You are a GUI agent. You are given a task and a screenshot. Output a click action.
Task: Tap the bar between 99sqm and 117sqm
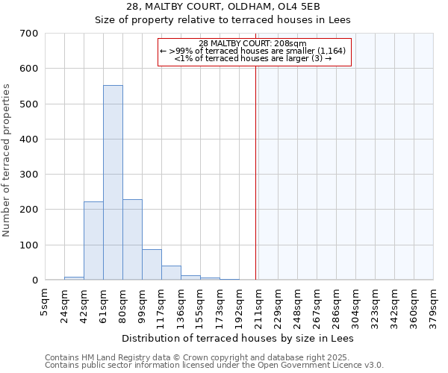tap(152, 265)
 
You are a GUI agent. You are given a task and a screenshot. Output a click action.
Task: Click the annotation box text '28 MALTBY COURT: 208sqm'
tap(253, 43)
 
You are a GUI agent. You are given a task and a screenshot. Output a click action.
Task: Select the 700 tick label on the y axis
tap(29, 34)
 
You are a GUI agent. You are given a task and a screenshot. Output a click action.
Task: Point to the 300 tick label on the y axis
tap(29, 175)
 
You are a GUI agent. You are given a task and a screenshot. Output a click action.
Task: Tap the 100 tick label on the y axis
tap(29, 245)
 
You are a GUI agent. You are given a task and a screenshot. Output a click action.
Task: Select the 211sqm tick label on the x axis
tap(258, 304)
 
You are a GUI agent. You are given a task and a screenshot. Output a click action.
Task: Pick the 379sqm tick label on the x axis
tap(433, 304)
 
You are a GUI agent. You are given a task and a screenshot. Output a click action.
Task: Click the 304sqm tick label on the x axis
tap(355, 304)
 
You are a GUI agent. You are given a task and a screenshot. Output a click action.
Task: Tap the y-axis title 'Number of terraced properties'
tap(7, 160)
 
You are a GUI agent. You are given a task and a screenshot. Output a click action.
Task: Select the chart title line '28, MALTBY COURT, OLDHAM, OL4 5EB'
tap(223, 7)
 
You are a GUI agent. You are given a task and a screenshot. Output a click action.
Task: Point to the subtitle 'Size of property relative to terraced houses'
tap(223, 20)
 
